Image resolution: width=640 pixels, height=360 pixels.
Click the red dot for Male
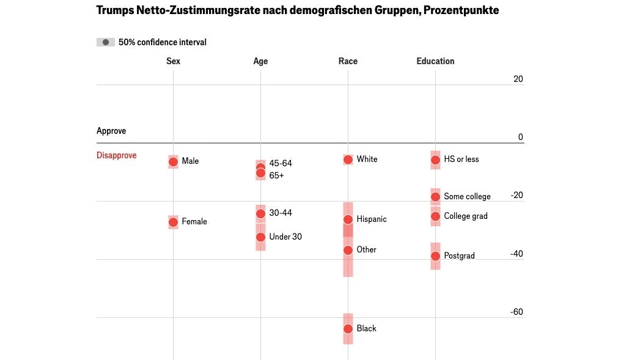[173, 162]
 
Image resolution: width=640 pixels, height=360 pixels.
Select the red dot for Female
[173, 222]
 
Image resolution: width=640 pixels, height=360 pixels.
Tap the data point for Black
[348, 329]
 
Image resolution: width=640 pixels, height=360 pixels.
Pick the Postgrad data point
[435, 256]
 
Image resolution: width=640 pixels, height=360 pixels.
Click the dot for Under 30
[260, 237]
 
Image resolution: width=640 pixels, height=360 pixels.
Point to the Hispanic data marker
[348, 219]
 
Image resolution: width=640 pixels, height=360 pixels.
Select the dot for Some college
[435, 197]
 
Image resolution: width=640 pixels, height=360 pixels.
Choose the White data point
[348, 160]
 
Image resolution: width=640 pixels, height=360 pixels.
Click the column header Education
[435, 61]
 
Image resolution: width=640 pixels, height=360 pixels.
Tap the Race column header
[348, 61]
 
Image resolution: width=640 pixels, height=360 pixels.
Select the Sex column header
[173, 61]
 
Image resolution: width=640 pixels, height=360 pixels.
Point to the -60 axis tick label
[517, 312]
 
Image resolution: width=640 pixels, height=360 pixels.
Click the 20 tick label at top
[518, 79]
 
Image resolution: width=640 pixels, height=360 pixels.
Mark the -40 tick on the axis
[517, 254]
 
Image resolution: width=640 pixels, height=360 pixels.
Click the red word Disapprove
[116, 155]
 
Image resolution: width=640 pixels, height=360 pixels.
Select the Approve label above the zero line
[111, 131]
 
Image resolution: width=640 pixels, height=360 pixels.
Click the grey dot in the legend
[106, 42]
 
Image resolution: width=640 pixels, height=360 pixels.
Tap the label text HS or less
[461, 160]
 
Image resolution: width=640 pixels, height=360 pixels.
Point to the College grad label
[465, 216]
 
